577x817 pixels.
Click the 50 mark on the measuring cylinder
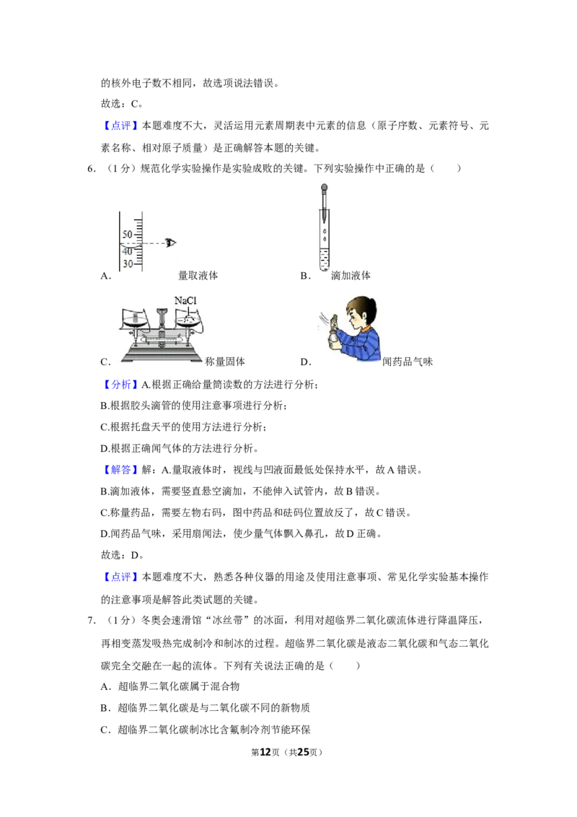tap(128, 235)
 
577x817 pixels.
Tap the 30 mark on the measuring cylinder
tap(128, 263)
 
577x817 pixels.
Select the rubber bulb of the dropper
tap(324, 187)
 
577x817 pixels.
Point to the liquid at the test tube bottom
tap(325, 260)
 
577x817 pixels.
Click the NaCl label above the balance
tap(185, 301)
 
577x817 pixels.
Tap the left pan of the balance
tap(136, 323)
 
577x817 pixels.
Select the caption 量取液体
tap(198, 276)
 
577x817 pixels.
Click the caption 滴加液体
tap(351, 276)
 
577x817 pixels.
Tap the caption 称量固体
tap(225, 362)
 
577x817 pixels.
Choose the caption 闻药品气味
tap(408, 362)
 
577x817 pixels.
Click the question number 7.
tap(91, 620)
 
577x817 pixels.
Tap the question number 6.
tap(91, 168)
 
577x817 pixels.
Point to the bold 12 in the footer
tap(265, 752)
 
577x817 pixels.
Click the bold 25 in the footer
tap(303, 752)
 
